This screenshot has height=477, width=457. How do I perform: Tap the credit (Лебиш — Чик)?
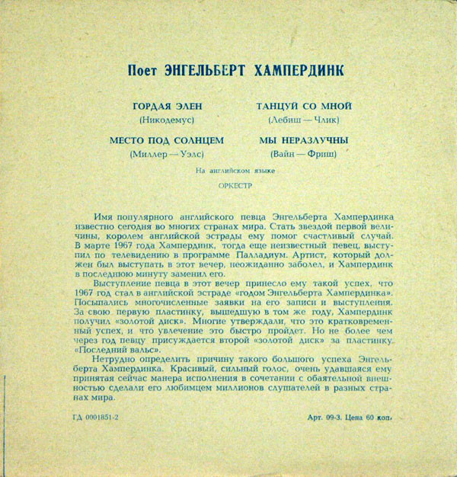coord(303,120)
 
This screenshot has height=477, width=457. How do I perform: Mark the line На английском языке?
coord(229,172)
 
